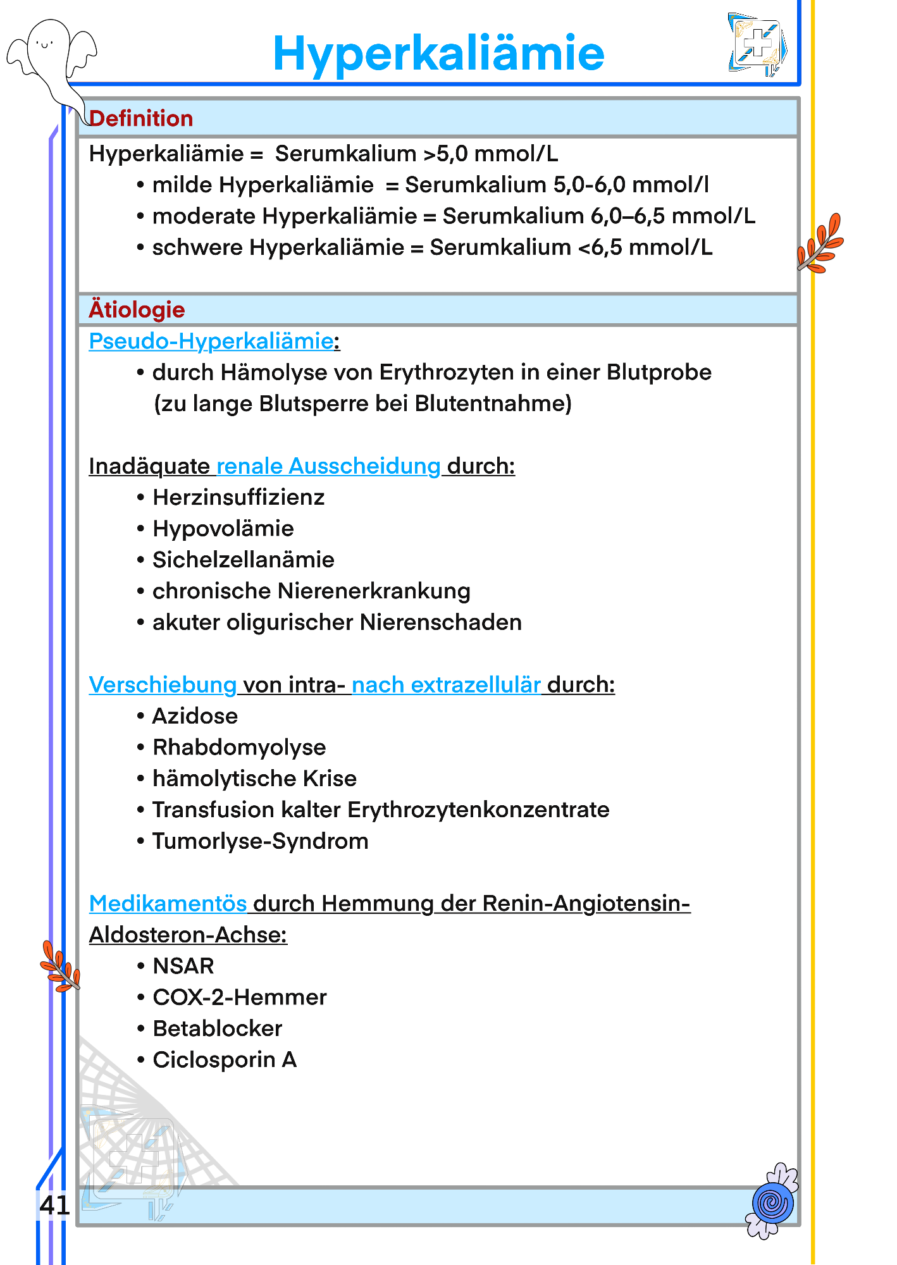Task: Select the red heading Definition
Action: tap(141, 119)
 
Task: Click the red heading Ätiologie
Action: tap(137, 310)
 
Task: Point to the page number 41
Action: tap(54, 1206)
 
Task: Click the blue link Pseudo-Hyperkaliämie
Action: tap(211, 342)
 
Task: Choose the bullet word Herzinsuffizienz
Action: tap(238, 498)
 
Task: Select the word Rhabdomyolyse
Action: tap(239, 748)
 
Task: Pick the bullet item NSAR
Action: tap(183, 966)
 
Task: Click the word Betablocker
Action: tap(217, 1029)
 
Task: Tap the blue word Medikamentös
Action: tap(168, 904)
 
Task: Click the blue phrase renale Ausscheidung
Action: tap(328, 467)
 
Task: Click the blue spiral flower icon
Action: tap(772, 1202)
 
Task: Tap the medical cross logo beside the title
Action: tap(757, 45)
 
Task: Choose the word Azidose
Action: tap(195, 717)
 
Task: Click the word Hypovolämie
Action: tap(223, 529)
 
